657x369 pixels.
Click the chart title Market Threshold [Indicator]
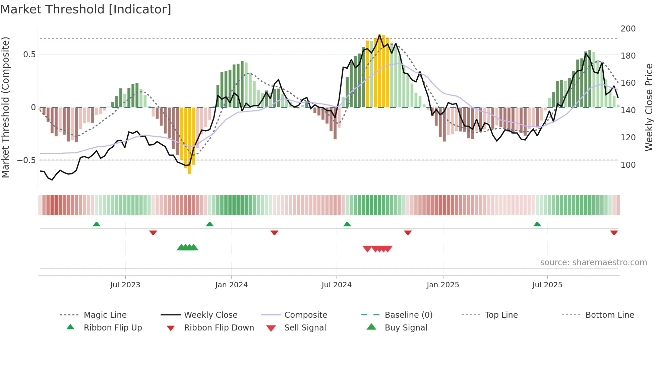86,9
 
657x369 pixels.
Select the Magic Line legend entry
105,315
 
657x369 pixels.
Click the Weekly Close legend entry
211,315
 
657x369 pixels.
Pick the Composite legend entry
305,315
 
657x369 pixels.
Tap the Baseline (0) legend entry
408,315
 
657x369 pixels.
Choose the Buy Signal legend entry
406,328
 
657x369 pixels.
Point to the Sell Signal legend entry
305,328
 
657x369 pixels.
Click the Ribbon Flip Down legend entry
219,328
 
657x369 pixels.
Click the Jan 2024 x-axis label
231,285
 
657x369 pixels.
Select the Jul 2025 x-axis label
547,285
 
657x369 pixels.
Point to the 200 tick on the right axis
628,29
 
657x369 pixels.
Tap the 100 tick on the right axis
628,165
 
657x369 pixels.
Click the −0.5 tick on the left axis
26,160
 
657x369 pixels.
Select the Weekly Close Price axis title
649,107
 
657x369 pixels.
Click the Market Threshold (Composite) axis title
5,107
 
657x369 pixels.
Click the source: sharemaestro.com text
593,263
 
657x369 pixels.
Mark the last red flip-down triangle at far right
614,233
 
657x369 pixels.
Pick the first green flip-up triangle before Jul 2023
97,224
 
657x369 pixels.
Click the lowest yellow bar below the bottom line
189,169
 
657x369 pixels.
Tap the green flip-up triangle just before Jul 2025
537,224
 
